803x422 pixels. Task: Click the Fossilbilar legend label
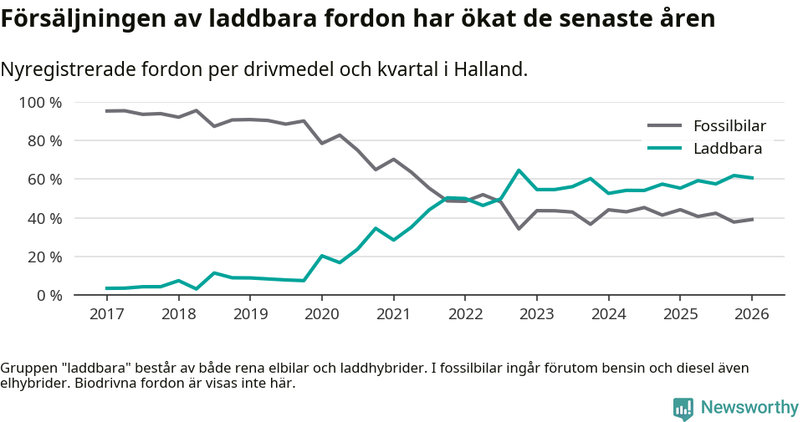pyautogui.click(x=729, y=126)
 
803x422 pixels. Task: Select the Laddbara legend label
pyautogui.click(x=727, y=149)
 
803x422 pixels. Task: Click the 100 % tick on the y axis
pyautogui.click(x=41, y=103)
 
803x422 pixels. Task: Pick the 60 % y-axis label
pyautogui.click(x=44, y=180)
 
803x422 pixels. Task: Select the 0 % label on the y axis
pyautogui.click(x=48, y=295)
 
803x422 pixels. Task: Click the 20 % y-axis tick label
pyautogui.click(x=44, y=257)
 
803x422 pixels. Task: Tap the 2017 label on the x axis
pyautogui.click(x=107, y=314)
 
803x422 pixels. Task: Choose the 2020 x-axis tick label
pyautogui.click(x=322, y=314)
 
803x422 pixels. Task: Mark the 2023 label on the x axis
pyautogui.click(x=536, y=314)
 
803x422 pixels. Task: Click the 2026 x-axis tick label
pyautogui.click(x=751, y=314)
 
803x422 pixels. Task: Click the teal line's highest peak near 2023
pyautogui.click(x=519, y=170)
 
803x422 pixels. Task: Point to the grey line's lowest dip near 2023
pyautogui.click(x=519, y=228)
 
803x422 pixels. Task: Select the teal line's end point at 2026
pyautogui.click(x=752, y=178)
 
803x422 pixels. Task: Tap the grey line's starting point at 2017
pyautogui.click(x=107, y=111)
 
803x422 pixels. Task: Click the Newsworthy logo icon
pyautogui.click(x=683, y=408)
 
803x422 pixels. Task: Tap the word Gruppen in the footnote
pyautogui.click(x=27, y=369)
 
